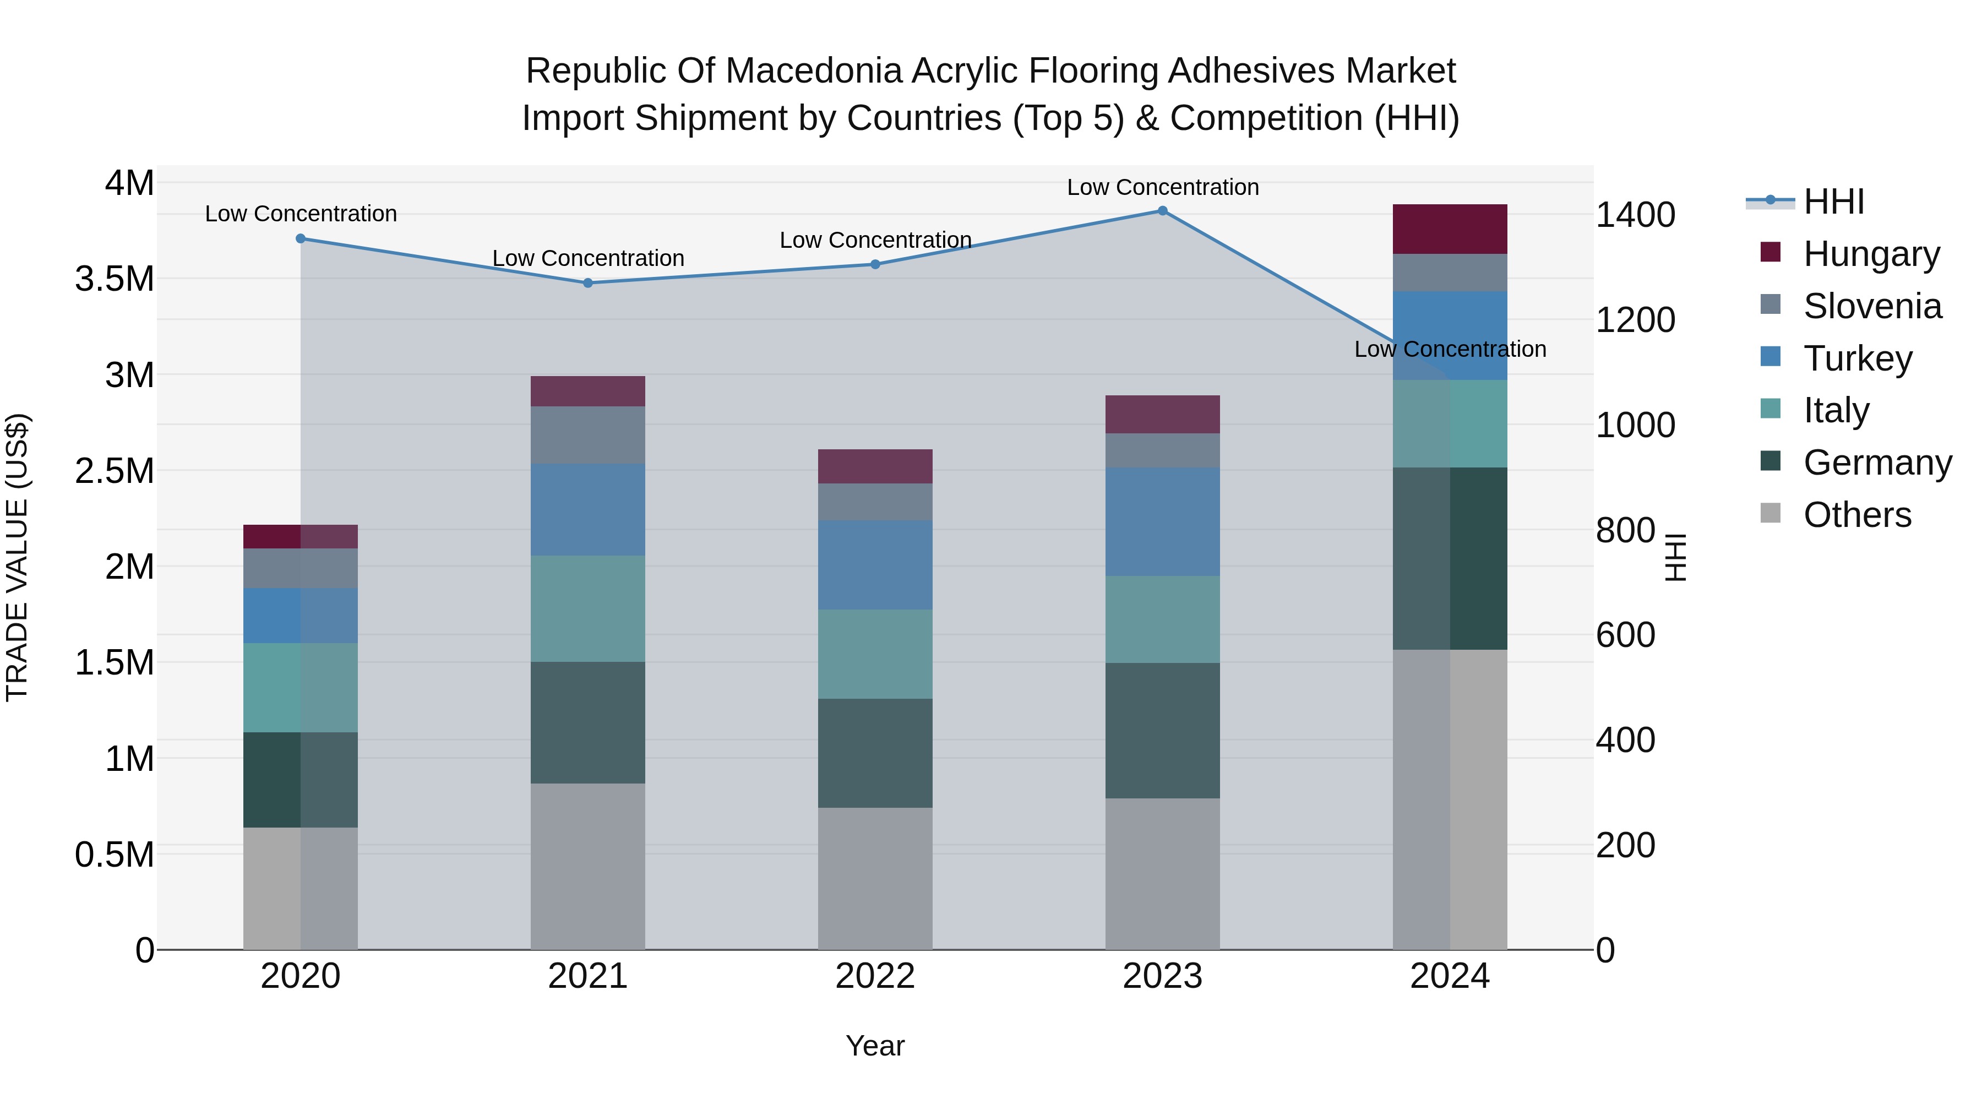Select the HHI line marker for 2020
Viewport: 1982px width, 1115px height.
[301, 238]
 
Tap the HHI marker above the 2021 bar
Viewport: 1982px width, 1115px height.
[588, 283]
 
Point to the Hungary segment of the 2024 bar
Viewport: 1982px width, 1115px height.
[1450, 229]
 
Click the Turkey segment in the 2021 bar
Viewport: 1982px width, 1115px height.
[588, 509]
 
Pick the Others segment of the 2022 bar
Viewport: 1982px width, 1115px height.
[875, 878]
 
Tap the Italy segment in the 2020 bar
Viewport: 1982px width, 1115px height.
[301, 687]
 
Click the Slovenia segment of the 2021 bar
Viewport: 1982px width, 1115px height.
[588, 435]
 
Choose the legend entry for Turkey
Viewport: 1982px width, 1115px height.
[1858, 358]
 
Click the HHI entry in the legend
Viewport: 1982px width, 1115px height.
[1833, 202]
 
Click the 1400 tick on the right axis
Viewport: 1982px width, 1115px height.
[1635, 215]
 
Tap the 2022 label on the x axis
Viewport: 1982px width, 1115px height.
[875, 976]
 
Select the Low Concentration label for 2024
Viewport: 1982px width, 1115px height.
[1450, 349]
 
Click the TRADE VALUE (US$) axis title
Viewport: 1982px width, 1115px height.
[17, 557]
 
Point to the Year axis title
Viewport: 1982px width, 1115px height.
[875, 1046]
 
